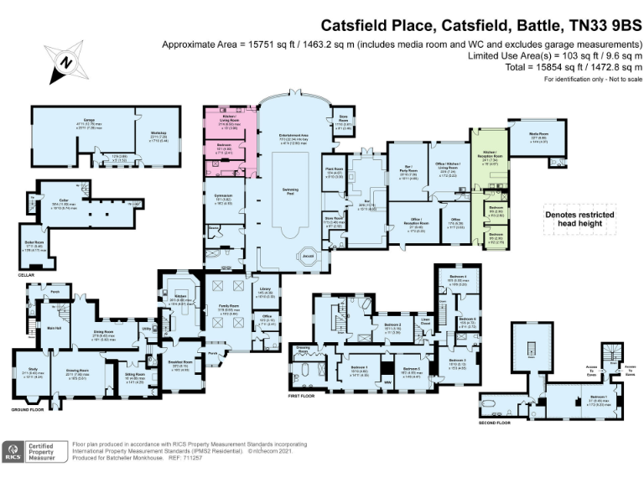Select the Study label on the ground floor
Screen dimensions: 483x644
[29, 373]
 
